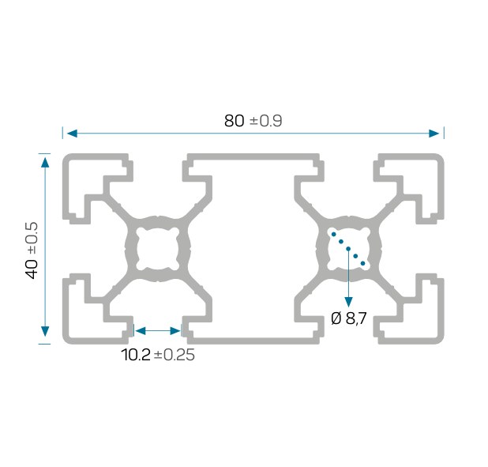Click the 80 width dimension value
pos(234,121)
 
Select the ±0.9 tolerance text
pos(266,121)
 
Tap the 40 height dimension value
pos(32,269)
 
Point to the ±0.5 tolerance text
pos(32,238)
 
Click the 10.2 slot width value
pos(136,355)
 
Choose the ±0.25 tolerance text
pos(175,355)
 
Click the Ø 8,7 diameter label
pos(349,318)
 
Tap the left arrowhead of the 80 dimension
pos(72,134)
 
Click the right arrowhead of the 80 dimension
pos(434,134)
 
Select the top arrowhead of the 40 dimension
pos(45,163)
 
